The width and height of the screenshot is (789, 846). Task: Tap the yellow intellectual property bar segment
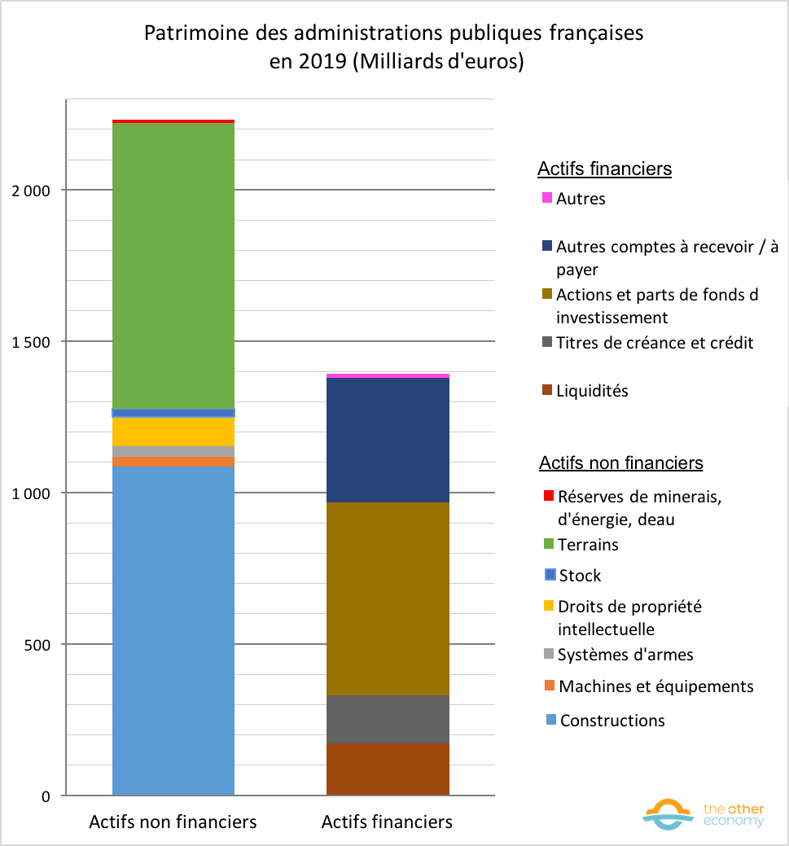[173, 432]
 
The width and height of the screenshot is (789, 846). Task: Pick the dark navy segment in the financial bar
[388, 440]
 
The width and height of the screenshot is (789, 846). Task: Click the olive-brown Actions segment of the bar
[388, 598]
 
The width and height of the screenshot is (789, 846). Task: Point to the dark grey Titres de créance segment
[388, 719]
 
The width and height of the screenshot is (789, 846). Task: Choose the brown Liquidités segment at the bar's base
[388, 769]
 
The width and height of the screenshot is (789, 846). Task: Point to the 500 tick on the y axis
[37, 645]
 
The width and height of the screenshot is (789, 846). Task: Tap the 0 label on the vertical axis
[46, 796]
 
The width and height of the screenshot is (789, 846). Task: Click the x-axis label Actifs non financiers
[173, 822]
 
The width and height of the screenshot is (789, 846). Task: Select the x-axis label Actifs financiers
[387, 822]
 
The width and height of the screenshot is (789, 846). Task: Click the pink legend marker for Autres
[547, 198]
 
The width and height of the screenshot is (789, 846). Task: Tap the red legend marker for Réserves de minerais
[548, 495]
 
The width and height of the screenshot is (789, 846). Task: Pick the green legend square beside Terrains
[548, 544]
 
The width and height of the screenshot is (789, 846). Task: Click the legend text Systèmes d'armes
[625, 655]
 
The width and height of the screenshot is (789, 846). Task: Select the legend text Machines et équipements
[656, 686]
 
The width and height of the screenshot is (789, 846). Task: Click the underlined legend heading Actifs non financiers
[620, 463]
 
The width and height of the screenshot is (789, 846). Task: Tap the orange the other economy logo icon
[668, 814]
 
